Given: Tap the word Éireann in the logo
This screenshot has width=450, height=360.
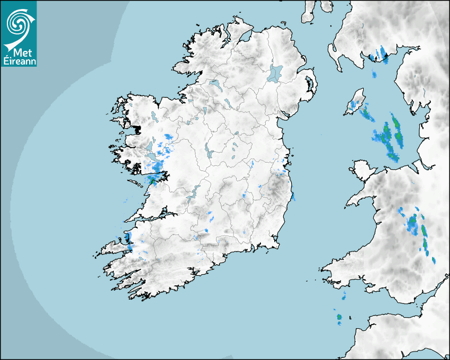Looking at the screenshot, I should click(x=19, y=60).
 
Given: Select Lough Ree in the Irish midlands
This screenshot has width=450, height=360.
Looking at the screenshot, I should click(x=209, y=154).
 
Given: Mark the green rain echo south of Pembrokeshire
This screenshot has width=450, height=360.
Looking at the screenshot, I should click(x=339, y=318).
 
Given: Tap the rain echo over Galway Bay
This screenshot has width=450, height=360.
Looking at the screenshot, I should click(x=155, y=178).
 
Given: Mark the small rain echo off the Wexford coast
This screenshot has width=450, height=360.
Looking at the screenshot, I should click(x=293, y=197).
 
